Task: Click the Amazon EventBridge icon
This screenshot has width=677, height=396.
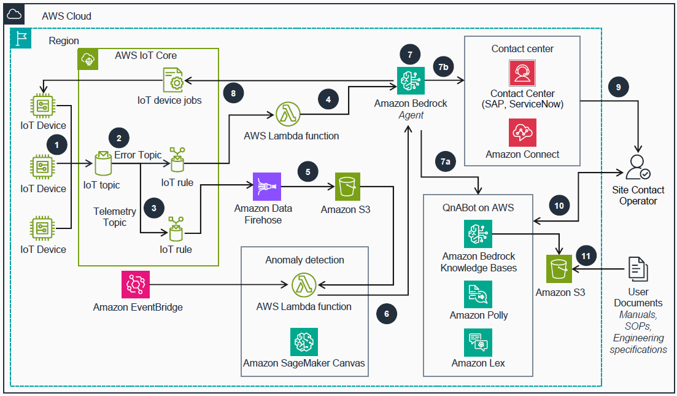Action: [x=135, y=285]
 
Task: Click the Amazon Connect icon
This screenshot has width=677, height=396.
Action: [x=522, y=133]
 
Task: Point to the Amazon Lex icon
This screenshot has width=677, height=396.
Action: [x=478, y=343]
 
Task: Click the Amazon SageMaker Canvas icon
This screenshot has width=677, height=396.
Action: [x=304, y=342]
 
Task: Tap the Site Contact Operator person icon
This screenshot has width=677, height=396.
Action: [x=638, y=167]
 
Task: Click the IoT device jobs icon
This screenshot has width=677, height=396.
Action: [x=172, y=80]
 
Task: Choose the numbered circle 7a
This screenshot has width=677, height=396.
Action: [x=446, y=161]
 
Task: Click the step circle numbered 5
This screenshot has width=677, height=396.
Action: [x=308, y=173]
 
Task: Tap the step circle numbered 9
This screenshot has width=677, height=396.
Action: [x=618, y=87]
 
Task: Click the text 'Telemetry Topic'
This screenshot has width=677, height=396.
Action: [x=115, y=217]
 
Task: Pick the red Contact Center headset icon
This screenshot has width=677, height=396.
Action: [x=522, y=73]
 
